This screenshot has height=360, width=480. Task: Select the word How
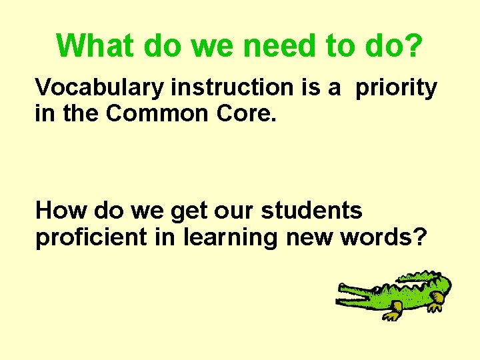click(61, 211)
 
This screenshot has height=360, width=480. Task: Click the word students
click(311, 211)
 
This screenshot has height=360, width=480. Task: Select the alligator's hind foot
click(435, 305)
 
